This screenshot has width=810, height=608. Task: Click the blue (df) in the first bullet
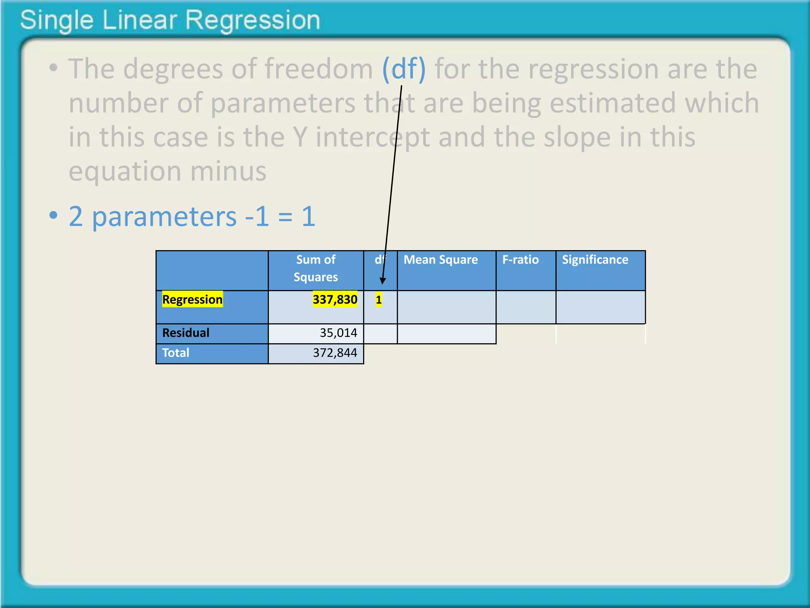click(x=404, y=69)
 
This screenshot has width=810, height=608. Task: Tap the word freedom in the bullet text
click(x=319, y=69)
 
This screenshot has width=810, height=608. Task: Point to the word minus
click(x=228, y=171)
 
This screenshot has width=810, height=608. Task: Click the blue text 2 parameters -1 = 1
click(x=192, y=217)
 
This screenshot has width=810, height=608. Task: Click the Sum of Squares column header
click(x=316, y=268)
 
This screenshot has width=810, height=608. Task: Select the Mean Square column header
click(x=441, y=260)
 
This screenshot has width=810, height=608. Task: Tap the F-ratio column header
click(x=520, y=260)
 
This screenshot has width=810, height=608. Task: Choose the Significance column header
click(x=595, y=260)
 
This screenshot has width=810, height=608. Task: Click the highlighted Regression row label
click(x=193, y=300)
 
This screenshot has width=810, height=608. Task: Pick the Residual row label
click(x=186, y=333)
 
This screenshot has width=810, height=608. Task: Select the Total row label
click(x=176, y=353)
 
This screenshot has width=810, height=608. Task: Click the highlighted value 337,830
click(x=335, y=300)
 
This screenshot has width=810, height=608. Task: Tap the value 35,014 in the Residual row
click(x=339, y=333)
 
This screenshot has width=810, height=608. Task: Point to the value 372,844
click(x=335, y=353)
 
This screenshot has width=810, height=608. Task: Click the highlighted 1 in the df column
click(x=379, y=300)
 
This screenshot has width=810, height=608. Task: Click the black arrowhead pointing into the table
click(x=382, y=281)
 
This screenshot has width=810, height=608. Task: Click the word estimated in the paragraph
click(x=613, y=103)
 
